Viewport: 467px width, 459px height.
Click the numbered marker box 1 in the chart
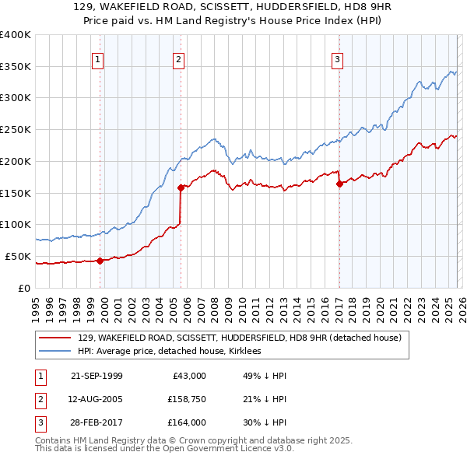98,59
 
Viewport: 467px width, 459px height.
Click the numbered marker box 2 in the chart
179,59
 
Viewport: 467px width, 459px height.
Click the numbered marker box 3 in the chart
338,59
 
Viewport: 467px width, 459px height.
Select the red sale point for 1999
100,261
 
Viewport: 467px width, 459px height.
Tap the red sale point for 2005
181,187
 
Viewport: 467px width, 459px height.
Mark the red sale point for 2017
339,184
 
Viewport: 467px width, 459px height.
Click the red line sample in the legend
55,338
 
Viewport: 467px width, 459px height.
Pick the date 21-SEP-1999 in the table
97,376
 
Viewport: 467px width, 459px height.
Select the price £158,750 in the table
184,399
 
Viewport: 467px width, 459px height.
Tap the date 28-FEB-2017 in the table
97,422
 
